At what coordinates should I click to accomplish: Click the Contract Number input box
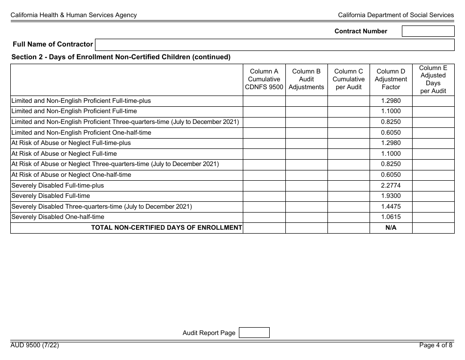click(428, 31)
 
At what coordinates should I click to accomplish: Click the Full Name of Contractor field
click(275, 45)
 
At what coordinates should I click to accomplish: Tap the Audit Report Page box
click(254, 333)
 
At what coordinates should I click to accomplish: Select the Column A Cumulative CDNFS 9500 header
click(264, 79)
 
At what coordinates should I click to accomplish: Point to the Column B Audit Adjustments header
click(306, 79)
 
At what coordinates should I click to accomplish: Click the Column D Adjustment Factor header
click(391, 79)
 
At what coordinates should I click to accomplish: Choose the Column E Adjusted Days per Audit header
click(433, 79)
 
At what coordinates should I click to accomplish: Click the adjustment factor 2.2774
click(391, 186)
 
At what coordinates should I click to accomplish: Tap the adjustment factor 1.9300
click(391, 196)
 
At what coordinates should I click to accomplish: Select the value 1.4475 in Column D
click(391, 207)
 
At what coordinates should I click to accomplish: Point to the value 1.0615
click(391, 217)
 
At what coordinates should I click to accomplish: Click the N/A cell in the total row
click(391, 228)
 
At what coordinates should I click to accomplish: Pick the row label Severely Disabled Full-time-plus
click(58, 186)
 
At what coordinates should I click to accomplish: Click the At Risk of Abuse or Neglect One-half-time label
click(71, 175)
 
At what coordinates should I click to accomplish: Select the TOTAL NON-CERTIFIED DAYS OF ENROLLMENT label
click(166, 228)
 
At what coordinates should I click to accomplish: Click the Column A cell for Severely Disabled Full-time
click(264, 196)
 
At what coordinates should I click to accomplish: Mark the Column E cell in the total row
click(433, 228)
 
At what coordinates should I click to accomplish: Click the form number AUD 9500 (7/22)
click(35, 345)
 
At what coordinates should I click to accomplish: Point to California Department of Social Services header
click(396, 15)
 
